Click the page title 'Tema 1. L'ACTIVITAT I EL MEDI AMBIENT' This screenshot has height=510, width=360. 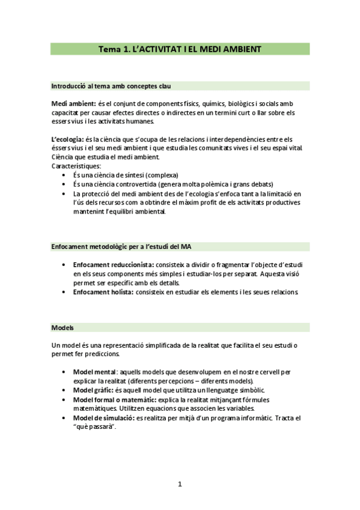(180, 49)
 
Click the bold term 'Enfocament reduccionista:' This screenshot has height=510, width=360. (114, 265)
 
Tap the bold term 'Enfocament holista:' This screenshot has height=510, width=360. (103, 292)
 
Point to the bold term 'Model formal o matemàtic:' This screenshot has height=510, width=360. (114, 399)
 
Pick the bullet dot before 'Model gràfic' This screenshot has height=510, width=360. (64, 390)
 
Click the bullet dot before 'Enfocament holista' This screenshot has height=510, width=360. (64, 292)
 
